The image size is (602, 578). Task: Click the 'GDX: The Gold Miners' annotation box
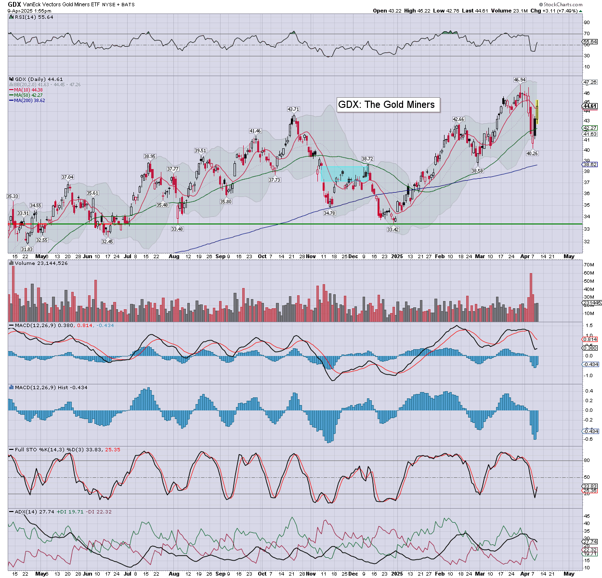[x=388, y=105]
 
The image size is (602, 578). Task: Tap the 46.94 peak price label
[x=520, y=80]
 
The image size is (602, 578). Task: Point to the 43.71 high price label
[x=293, y=109]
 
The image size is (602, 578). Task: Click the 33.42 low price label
[x=393, y=230]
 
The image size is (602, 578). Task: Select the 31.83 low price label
[x=27, y=249]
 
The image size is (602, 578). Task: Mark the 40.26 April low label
[x=532, y=153]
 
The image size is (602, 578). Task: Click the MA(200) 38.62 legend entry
[x=29, y=101]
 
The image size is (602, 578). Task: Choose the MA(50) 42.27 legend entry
[x=28, y=95]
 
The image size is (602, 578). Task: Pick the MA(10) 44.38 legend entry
[x=28, y=90]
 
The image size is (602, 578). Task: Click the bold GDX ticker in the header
[x=14, y=4]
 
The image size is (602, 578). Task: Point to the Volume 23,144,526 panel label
[x=41, y=263]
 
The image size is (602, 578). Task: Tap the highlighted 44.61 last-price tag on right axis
[x=590, y=106]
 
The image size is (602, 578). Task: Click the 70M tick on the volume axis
[x=589, y=265]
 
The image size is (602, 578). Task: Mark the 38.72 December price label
[x=367, y=158]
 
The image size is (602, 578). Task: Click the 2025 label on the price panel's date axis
[x=397, y=256]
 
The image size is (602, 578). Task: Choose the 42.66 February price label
[x=458, y=119]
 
